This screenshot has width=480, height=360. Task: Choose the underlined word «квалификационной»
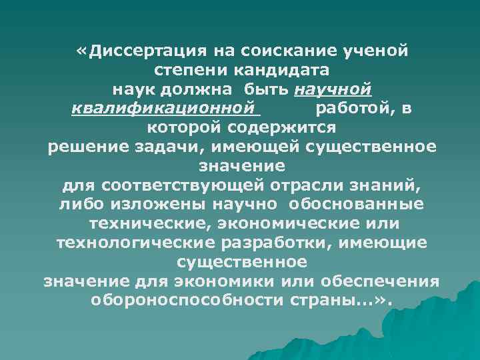[x=164, y=108]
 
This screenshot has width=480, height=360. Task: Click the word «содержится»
[x=280, y=127]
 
